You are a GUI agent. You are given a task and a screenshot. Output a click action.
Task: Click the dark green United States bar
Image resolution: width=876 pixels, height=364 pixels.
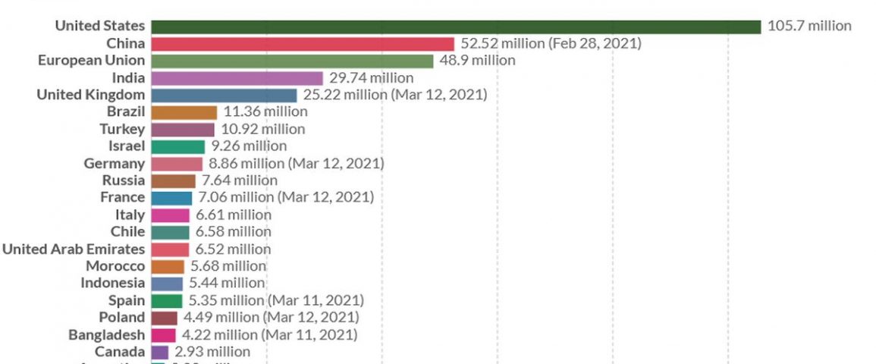tap(455, 27)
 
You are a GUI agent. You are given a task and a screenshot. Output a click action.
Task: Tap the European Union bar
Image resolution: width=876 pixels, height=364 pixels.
tap(292, 61)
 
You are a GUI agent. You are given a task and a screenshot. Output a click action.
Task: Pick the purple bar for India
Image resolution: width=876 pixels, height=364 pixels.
tap(237, 78)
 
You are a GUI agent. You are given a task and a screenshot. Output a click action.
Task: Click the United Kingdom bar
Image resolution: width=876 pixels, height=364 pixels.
tap(224, 95)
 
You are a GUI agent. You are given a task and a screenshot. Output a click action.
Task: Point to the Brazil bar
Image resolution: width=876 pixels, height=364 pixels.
tap(184, 112)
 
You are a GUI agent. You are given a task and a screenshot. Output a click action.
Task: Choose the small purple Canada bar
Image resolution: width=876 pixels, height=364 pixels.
tap(159, 352)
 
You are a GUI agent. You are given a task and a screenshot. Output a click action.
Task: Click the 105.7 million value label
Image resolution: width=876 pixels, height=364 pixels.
tap(809, 27)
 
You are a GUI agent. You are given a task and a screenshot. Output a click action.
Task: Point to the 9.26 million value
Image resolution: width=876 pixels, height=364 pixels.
tap(249, 146)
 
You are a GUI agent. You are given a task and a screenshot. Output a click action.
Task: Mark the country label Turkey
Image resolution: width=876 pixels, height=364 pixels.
tap(122, 130)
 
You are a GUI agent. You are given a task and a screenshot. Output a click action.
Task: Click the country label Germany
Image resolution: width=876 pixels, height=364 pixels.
tap(115, 164)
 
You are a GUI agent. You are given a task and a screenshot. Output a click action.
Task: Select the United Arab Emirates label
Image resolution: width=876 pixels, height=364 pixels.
tap(73, 249)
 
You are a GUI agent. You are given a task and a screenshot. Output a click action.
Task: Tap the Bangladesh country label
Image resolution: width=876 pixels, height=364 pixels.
tap(106, 334)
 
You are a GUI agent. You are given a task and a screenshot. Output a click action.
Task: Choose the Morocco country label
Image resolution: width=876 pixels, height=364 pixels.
tap(115, 266)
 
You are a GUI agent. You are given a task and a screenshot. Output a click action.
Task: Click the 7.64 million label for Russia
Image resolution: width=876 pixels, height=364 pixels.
tap(240, 180)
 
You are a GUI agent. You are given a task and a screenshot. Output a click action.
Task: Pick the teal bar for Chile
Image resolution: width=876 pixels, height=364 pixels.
tap(170, 232)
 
